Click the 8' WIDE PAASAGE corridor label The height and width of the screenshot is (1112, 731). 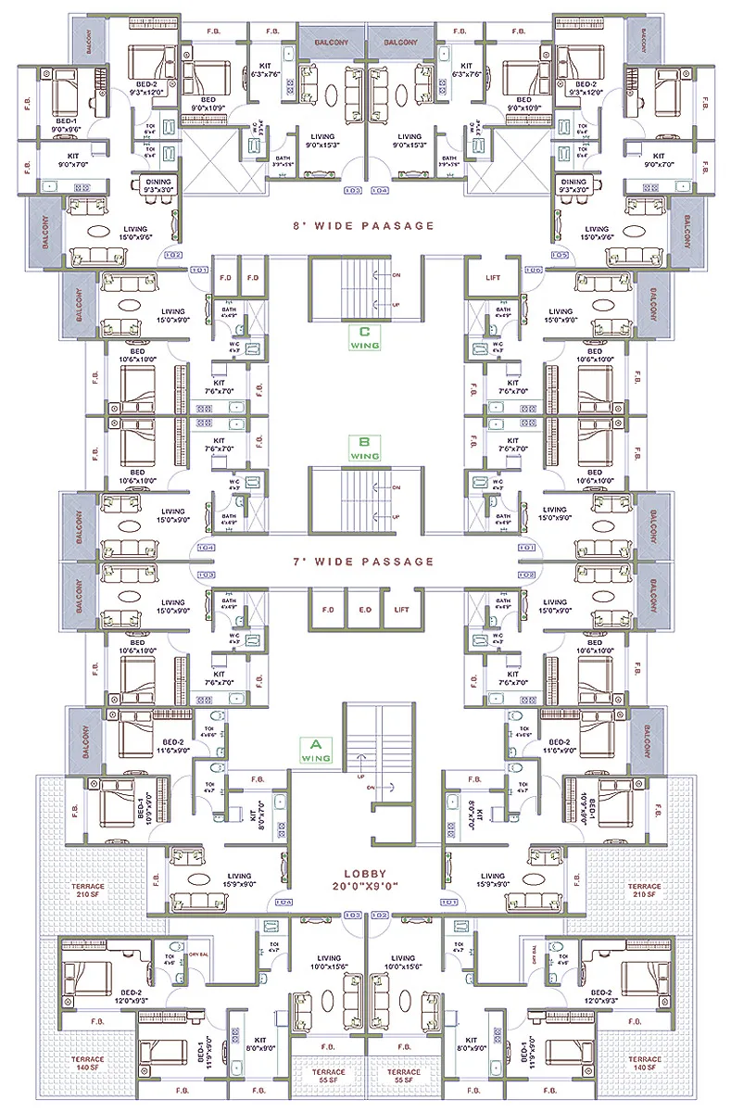click(x=365, y=225)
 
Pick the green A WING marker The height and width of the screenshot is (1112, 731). click(x=316, y=750)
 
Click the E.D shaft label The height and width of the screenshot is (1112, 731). click(x=364, y=611)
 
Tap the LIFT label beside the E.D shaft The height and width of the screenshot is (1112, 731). click(x=401, y=611)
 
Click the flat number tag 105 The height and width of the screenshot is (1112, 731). click(x=558, y=254)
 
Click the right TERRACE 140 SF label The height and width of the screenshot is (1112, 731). click(x=644, y=1064)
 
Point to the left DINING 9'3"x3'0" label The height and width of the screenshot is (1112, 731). click(x=156, y=185)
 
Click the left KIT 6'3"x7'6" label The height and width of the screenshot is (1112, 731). click(x=260, y=70)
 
